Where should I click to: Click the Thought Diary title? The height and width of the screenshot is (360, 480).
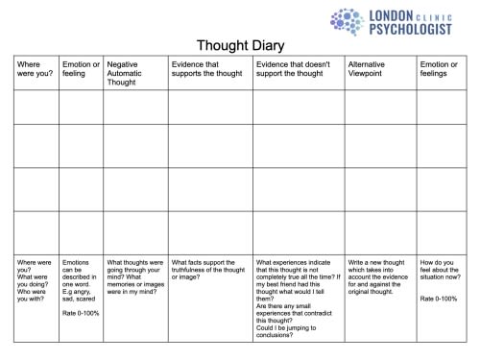click(240, 45)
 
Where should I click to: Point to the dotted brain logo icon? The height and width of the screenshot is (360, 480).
click(347, 22)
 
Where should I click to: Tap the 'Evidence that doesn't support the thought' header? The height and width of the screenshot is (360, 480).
click(296, 69)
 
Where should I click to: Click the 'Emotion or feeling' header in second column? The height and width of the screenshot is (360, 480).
click(79, 69)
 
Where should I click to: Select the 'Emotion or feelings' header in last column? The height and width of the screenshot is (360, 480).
click(443, 69)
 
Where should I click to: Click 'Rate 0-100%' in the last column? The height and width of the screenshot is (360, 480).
click(440, 300)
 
